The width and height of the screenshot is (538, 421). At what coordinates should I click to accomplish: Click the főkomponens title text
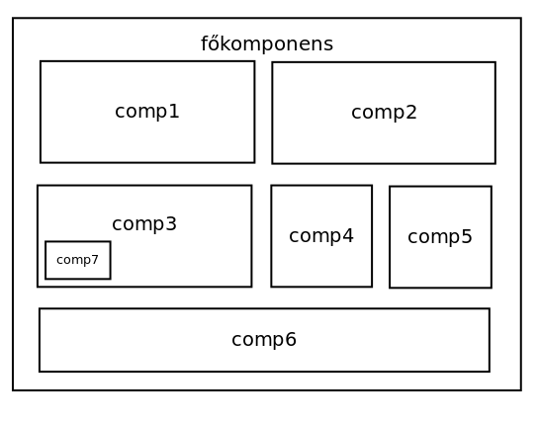[267, 43]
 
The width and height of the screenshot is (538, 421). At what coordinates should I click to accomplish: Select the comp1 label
[147, 112]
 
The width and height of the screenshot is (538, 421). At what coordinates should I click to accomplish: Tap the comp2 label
[384, 113]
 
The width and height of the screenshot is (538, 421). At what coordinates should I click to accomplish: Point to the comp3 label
[144, 224]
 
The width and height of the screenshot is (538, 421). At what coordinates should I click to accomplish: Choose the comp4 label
[321, 236]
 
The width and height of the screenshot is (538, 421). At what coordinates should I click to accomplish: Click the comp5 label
[440, 237]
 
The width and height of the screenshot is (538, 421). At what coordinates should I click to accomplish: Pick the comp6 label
[264, 339]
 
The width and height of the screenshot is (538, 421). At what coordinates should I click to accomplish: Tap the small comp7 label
[77, 260]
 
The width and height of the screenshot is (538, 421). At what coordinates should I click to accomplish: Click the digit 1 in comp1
[174, 111]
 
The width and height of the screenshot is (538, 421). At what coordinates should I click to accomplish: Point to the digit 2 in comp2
[411, 112]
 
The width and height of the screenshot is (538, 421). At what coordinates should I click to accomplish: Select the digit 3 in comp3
[171, 223]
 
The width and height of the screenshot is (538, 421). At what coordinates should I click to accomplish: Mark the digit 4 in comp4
[348, 235]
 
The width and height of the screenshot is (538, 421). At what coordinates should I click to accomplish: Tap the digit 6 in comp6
[291, 339]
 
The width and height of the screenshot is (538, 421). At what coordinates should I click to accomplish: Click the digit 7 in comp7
[95, 259]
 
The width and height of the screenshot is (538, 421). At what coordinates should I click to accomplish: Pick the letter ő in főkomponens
[214, 43]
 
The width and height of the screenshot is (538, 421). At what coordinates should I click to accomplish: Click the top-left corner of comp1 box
[41, 61]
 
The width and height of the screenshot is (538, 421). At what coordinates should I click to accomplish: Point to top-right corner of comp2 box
[495, 62]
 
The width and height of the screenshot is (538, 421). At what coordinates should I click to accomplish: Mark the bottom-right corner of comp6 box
[490, 371]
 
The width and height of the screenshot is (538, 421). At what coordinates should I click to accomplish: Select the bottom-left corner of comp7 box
[45, 279]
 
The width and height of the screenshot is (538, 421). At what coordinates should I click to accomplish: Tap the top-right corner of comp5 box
[492, 187]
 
